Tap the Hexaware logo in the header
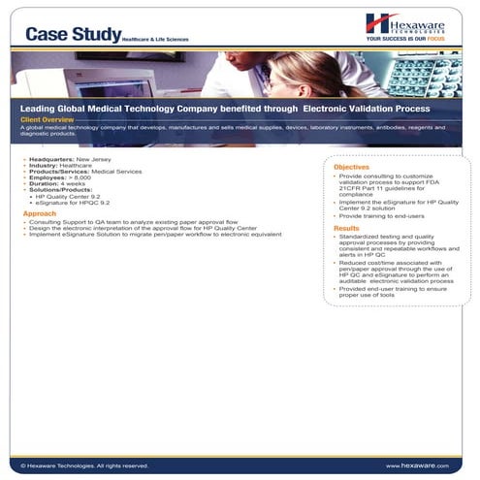point(407,23)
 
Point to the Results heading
point(346,229)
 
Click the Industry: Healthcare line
point(64,163)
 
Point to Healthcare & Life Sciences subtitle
point(155,39)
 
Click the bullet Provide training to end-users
point(383,216)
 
